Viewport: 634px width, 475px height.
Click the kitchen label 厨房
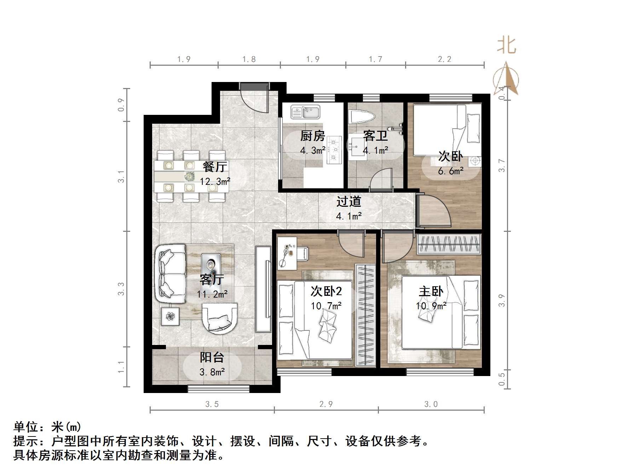tap(312, 136)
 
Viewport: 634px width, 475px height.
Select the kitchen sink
tap(305, 112)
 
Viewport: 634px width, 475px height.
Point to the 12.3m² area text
tap(215, 182)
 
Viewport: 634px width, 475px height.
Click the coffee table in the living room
tap(211, 266)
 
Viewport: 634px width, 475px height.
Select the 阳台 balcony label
tap(212, 357)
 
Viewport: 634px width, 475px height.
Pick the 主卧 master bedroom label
tap(431, 291)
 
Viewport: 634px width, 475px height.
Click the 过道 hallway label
tap(348, 201)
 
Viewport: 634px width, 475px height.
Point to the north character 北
tap(507, 46)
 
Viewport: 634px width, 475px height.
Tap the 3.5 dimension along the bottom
tap(212, 404)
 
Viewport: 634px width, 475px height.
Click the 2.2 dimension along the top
tap(444, 59)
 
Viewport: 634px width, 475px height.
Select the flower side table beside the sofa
tap(171, 316)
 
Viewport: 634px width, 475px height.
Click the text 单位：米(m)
tap(47, 427)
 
